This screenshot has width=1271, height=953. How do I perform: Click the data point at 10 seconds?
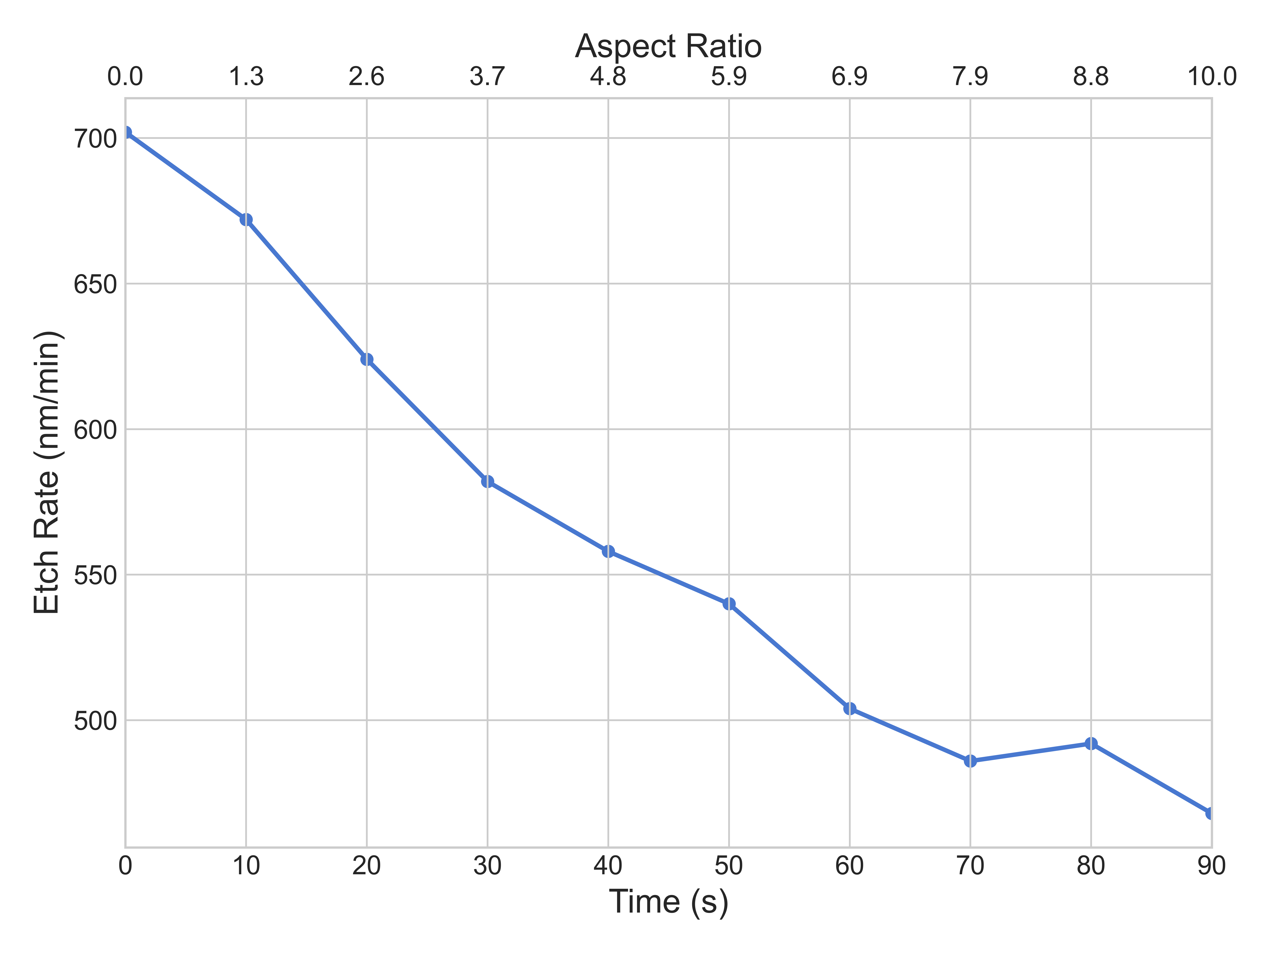(246, 219)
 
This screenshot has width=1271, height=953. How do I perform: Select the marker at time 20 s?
(367, 360)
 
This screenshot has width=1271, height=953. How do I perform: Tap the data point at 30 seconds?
(487, 481)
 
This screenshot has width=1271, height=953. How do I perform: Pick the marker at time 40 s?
(608, 552)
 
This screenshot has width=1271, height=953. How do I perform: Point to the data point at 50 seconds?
(729, 604)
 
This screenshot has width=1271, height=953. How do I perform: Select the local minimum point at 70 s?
(970, 761)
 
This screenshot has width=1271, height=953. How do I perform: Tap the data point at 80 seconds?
(1091, 744)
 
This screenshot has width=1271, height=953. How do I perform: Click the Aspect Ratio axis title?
(668, 46)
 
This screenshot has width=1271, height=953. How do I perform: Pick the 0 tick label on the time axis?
(125, 866)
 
